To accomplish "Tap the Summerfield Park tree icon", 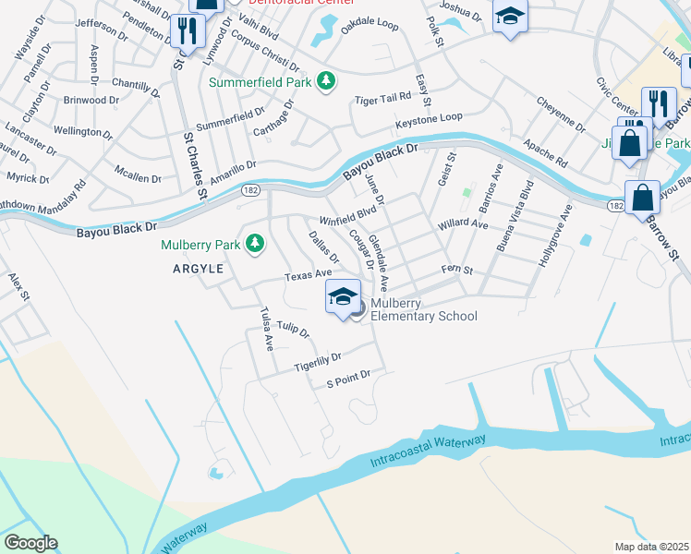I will (325, 81).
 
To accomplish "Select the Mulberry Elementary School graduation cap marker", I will (343, 296).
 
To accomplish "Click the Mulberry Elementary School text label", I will (424, 309).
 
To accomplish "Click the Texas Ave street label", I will (308, 275).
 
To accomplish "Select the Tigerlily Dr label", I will (318, 362).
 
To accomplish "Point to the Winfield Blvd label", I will (348, 215).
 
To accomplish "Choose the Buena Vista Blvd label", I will (515, 217).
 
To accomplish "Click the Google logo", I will (30, 543).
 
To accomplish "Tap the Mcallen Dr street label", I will (139, 173).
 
